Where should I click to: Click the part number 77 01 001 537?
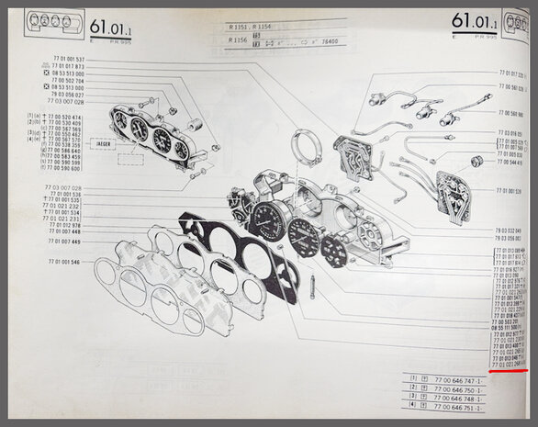pos(62,60)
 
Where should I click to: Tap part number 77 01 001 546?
pos(62,262)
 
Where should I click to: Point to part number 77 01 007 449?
pos(62,242)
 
